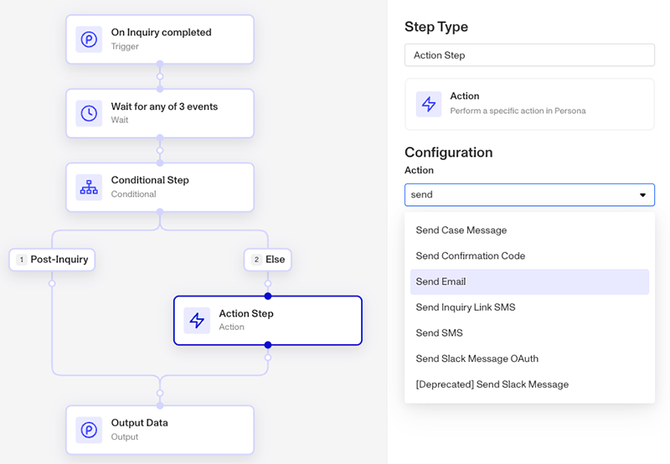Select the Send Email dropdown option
click(x=529, y=281)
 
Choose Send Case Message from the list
click(x=461, y=230)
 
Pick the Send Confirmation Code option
click(x=470, y=256)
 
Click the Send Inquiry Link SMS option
click(x=466, y=307)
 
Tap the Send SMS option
click(x=439, y=333)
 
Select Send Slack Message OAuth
click(x=477, y=358)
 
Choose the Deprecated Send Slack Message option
click(x=492, y=384)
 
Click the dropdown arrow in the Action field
click(x=642, y=195)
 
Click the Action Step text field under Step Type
click(x=529, y=55)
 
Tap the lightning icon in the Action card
click(x=429, y=104)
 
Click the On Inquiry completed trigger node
click(x=160, y=39)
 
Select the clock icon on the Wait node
click(x=89, y=113)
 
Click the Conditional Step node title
click(x=150, y=180)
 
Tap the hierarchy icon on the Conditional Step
click(x=89, y=187)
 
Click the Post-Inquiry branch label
click(x=52, y=260)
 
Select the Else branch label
click(x=267, y=260)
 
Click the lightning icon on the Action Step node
click(x=197, y=321)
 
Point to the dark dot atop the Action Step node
click(x=268, y=296)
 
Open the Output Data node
click(x=160, y=430)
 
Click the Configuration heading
click(x=449, y=152)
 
